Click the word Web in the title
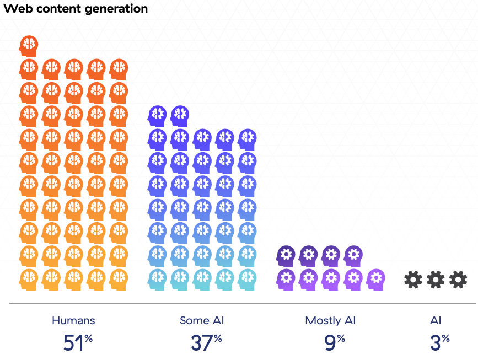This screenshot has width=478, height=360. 18,8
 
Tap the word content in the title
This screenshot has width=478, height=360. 59,8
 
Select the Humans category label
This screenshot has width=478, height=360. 73,320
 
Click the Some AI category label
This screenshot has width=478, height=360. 202,320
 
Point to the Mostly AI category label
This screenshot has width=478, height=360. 330,321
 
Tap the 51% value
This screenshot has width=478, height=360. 78,342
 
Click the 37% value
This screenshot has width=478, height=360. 206,342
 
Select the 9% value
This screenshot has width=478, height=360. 335,342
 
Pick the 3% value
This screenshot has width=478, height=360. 440,342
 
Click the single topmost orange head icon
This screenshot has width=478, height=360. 29,46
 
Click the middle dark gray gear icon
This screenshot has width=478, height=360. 436,280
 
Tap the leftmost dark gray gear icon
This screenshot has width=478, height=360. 413,280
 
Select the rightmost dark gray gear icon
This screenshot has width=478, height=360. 458,280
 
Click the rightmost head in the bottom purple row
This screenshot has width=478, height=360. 375,280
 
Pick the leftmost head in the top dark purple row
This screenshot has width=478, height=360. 286,256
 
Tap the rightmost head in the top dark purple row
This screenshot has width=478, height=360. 353,256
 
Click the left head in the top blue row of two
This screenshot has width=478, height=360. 157,116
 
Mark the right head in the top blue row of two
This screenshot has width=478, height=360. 180,116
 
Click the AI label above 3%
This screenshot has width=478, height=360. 436,320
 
